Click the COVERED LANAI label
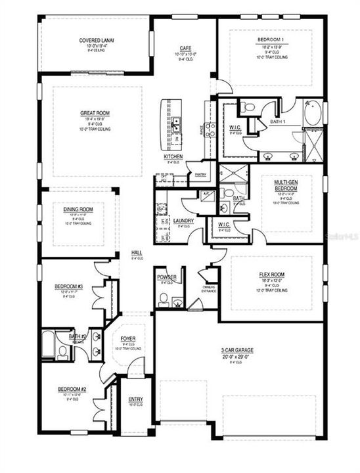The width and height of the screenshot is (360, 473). (97, 40)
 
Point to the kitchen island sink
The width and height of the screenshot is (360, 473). (176, 123)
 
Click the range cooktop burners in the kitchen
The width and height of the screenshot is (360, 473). (211, 129)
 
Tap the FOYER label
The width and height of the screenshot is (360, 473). (128, 338)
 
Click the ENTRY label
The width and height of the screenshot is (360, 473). (136, 399)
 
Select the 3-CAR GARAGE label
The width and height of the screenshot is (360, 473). (237, 350)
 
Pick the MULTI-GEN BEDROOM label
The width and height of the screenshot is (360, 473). (286, 185)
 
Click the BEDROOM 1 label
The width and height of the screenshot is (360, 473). (271, 41)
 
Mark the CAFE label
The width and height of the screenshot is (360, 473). (185, 48)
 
